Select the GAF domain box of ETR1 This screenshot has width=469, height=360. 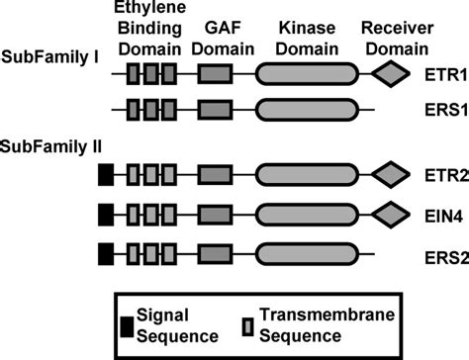point(216,74)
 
